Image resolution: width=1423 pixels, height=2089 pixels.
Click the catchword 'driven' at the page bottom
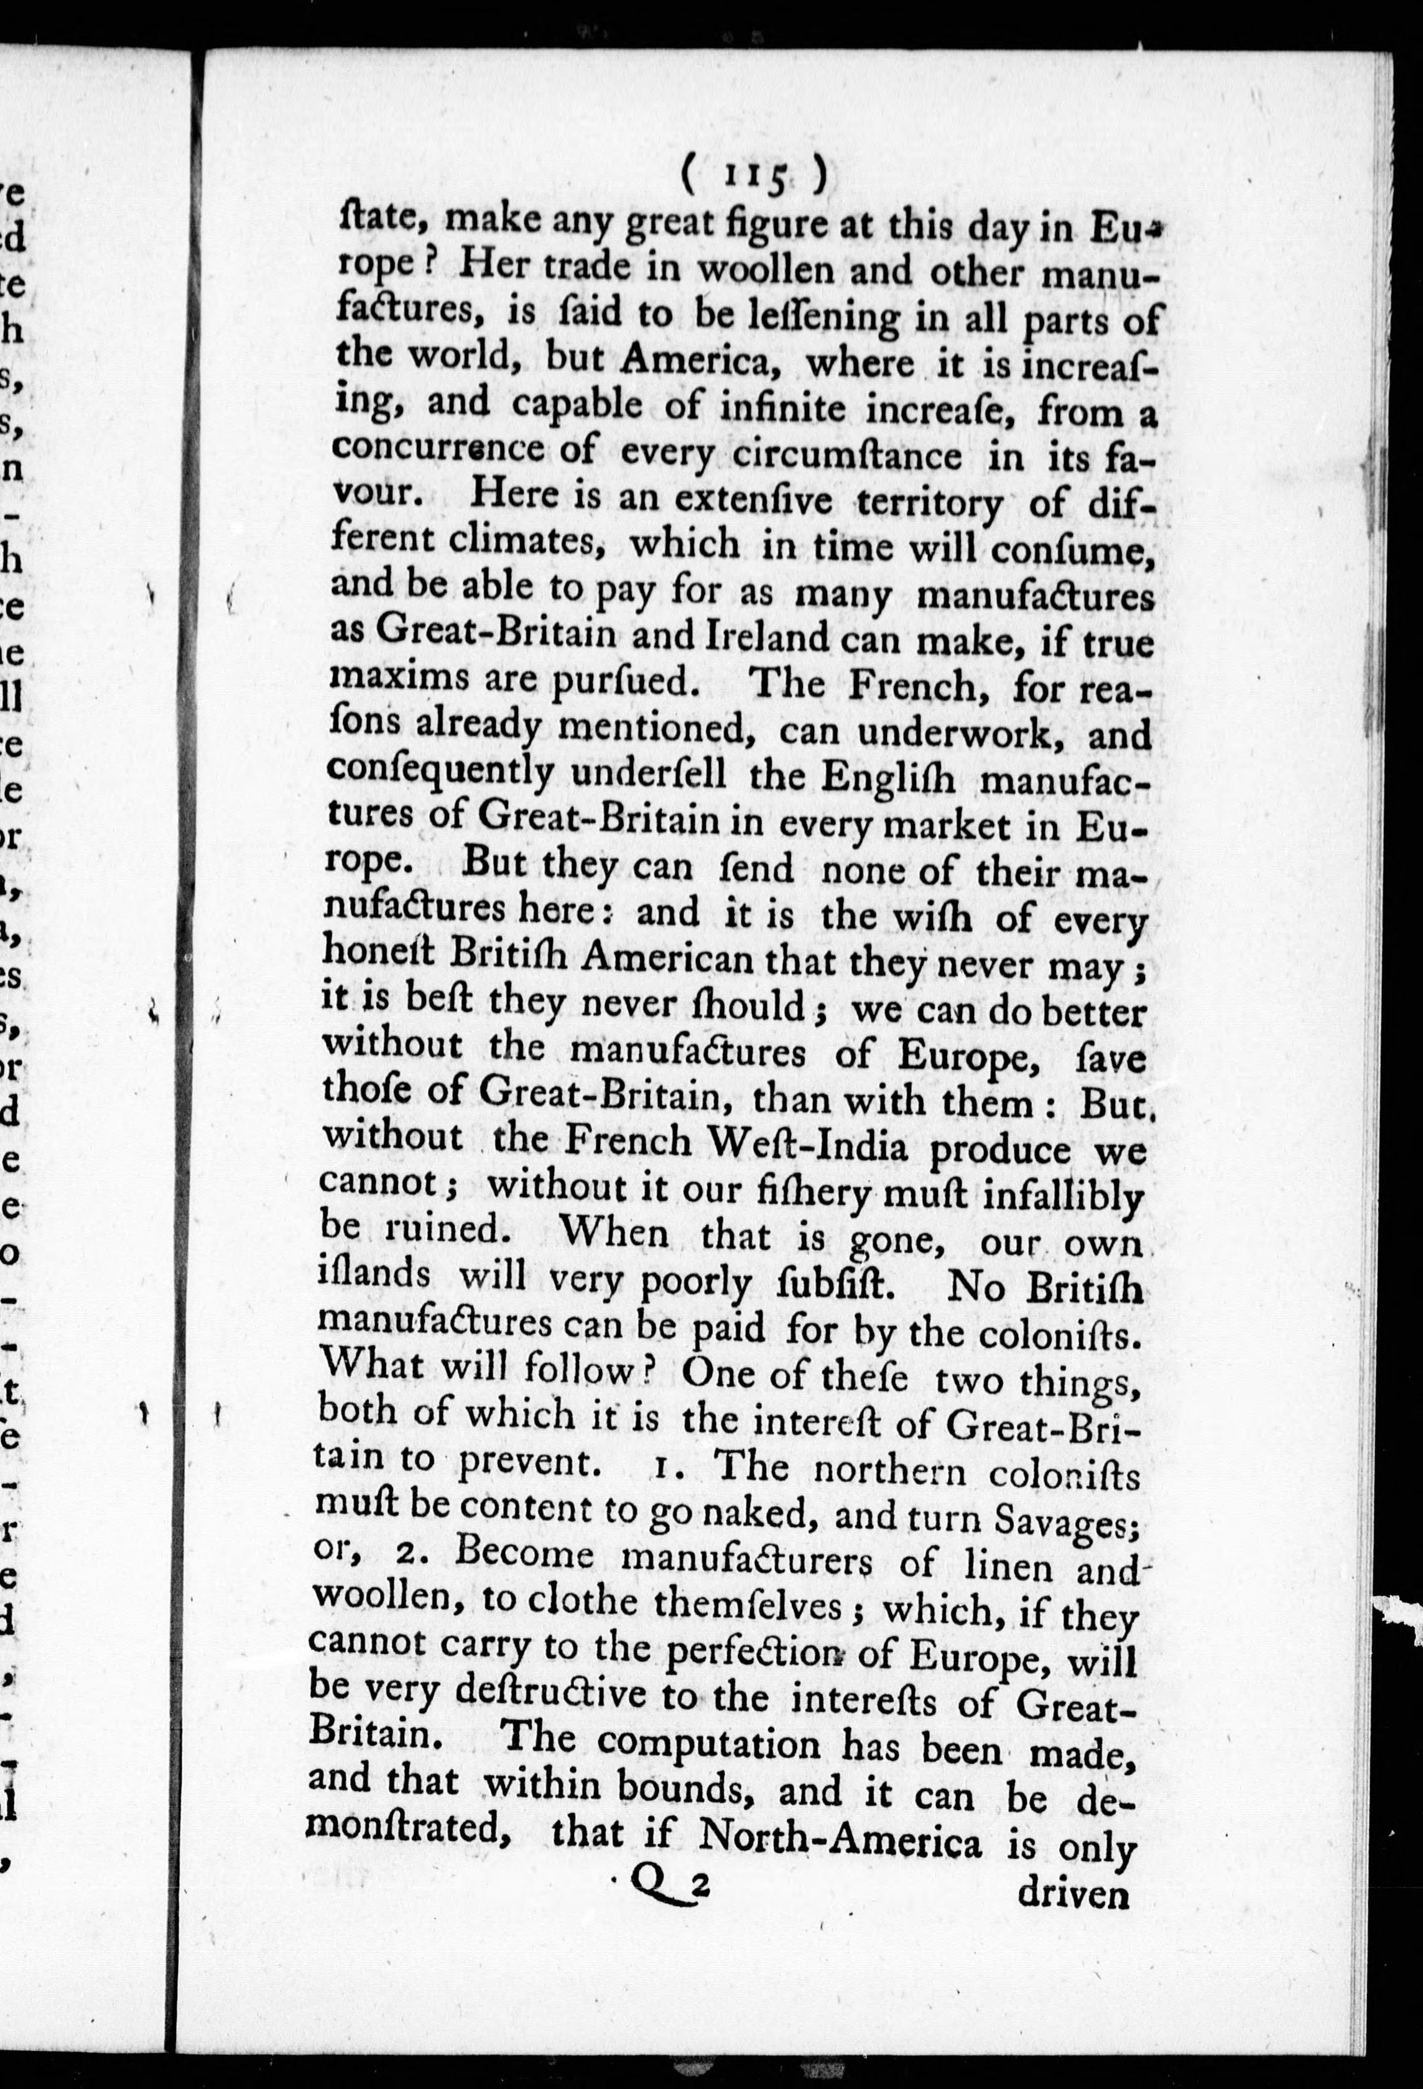tap(1072, 1889)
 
